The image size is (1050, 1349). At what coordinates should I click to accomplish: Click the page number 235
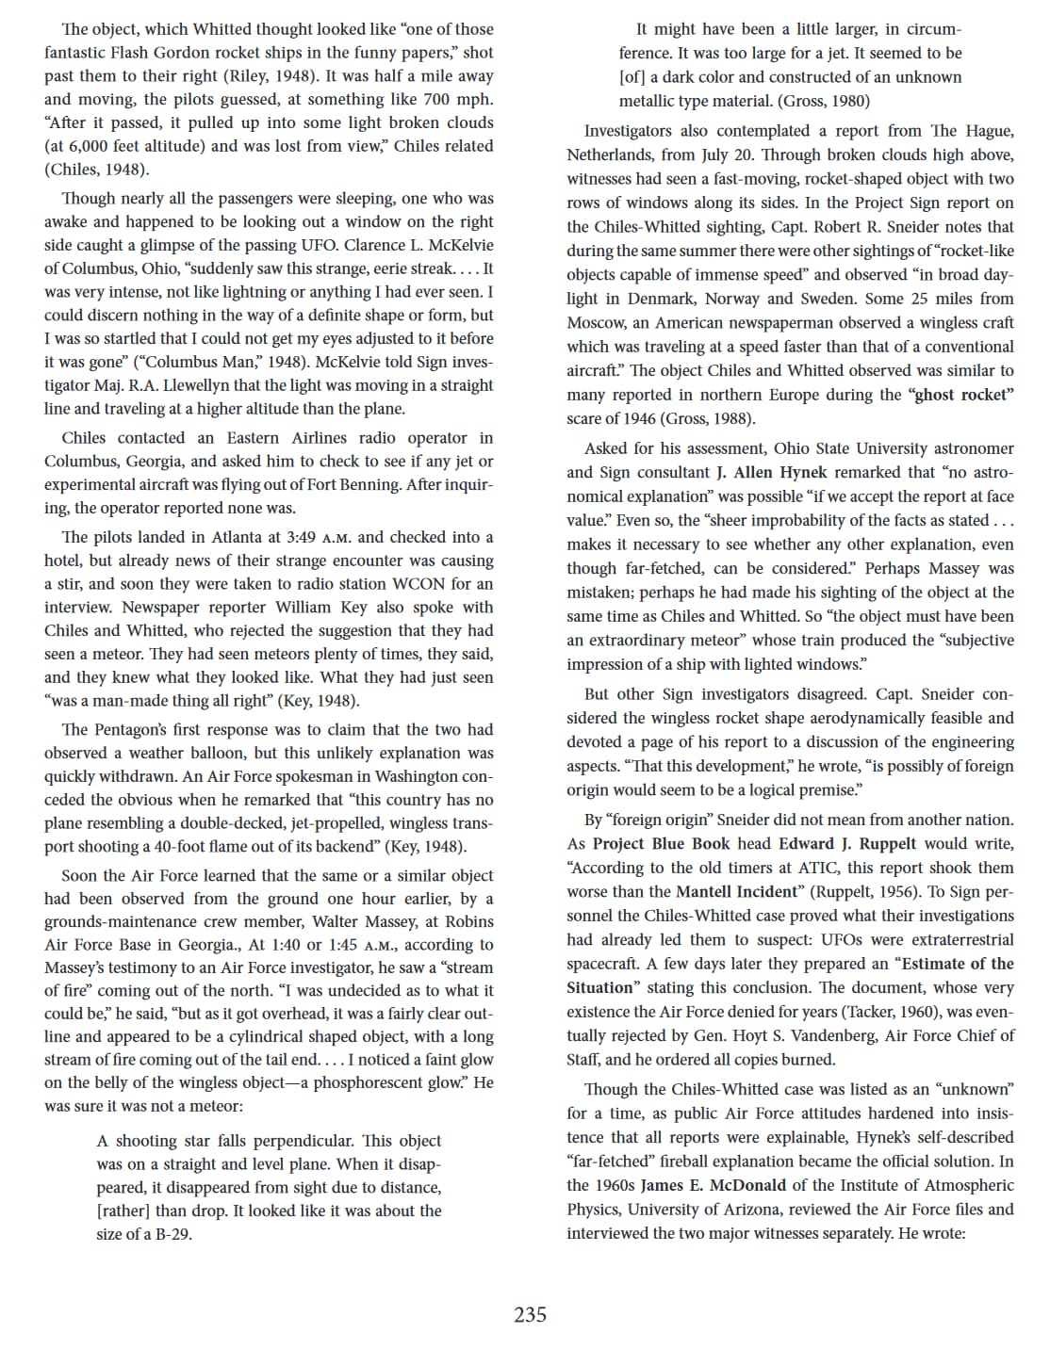pos(530,1314)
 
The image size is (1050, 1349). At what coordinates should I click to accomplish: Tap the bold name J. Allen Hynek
pos(772,472)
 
